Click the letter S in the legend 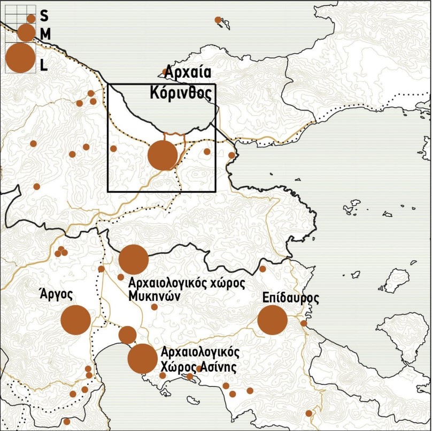pyautogui.click(x=44, y=18)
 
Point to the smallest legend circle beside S pyautogui.click(x=31, y=19)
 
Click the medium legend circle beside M pyautogui.click(x=26, y=33)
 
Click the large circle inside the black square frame pyautogui.click(x=162, y=155)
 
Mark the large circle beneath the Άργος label pyautogui.click(x=75, y=320)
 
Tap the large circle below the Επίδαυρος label pyautogui.click(x=272, y=321)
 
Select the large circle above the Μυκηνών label pyautogui.click(x=133, y=259)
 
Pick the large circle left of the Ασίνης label pyautogui.click(x=143, y=358)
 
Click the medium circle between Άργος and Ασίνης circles pyautogui.click(x=127, y=335)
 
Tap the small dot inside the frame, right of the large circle pyautogui.click(x=207, y=152)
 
